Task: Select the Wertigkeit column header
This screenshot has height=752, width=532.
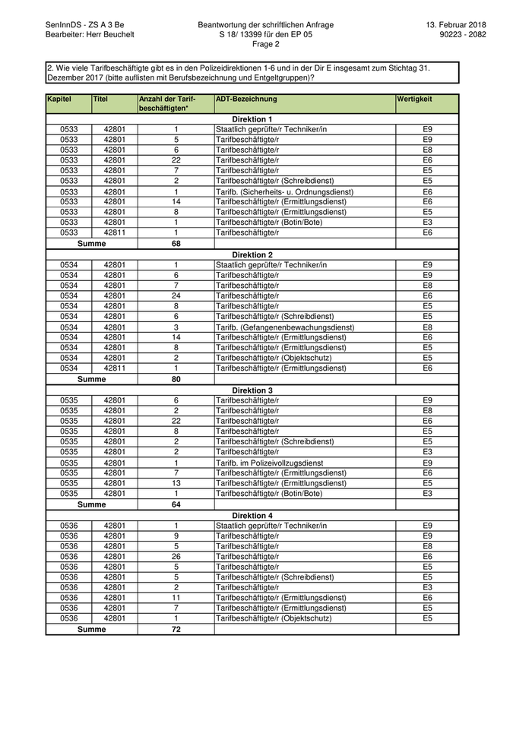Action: coord(414,99)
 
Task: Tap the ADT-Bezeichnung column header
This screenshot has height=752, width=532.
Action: coord(246,99)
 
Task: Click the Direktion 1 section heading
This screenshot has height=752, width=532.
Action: coord(252,119)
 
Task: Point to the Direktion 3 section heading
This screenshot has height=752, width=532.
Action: coord(252,390)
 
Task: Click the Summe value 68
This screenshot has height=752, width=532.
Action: coord(176,244)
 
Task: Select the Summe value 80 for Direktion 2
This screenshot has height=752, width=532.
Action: coord(176,379)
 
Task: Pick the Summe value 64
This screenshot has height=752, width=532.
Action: coord(176,504)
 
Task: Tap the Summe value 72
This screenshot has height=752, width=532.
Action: coord(176,629)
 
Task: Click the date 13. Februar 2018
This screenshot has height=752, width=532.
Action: coord(457,25)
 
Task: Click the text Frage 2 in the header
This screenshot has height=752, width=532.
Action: coord(265,44)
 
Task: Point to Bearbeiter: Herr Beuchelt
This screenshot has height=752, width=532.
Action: coord(90,34)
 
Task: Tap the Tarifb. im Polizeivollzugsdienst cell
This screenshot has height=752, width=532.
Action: coord(270,463)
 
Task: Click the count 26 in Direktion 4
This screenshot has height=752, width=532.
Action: coord(176,556)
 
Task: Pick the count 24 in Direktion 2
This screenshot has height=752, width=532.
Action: coord(176,295)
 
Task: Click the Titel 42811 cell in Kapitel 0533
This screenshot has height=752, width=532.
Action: coord(115,232)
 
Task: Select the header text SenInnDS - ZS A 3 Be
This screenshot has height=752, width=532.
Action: coord(84,25)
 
